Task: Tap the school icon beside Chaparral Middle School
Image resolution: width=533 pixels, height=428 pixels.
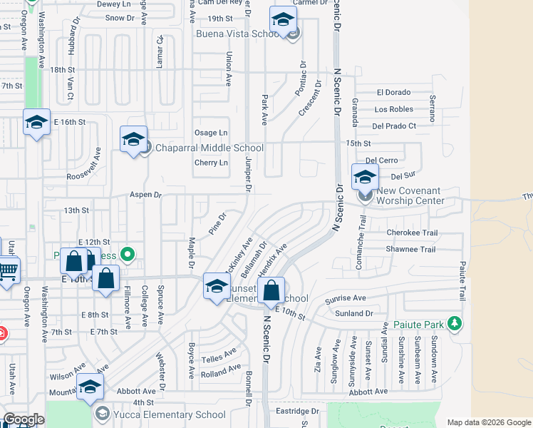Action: [133, 141]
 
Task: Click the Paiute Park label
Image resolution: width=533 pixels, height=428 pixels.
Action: [419, 325]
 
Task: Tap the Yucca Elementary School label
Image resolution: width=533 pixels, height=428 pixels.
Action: [160, 414]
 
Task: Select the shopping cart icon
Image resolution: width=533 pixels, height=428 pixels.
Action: [7, 272]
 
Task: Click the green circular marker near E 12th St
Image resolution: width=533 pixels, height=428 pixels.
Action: [128, 253]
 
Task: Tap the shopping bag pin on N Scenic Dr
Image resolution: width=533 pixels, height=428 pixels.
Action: [271, 291]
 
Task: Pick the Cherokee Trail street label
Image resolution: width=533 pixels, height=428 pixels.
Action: [411, 233]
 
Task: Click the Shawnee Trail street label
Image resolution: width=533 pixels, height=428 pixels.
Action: [410, 250]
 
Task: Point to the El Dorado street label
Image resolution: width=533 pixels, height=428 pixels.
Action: [394, 93]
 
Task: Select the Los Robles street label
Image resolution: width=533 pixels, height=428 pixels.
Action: [393, 109]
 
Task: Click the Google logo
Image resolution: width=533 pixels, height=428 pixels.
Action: [23, 419]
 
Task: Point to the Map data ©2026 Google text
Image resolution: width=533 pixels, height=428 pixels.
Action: [489, 422]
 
